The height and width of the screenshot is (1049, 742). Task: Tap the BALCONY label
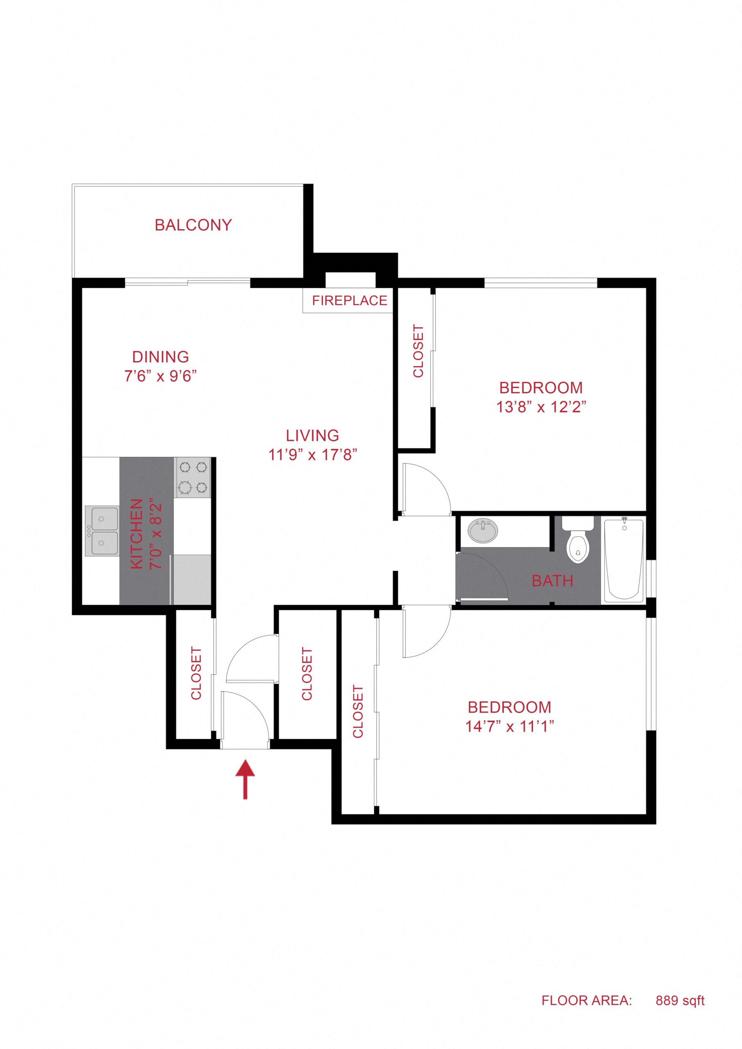(193, 225)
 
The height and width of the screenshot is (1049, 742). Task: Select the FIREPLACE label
(349, 300)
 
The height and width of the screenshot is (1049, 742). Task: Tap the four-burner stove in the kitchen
(193, 477)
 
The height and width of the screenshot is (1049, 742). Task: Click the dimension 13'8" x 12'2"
(541, 406)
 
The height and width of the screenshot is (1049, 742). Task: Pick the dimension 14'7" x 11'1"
(509, 726)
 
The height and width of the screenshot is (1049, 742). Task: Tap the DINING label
(160, 356)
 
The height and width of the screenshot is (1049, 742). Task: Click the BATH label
(552, 581)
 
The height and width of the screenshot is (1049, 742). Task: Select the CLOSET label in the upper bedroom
(418, 351)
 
